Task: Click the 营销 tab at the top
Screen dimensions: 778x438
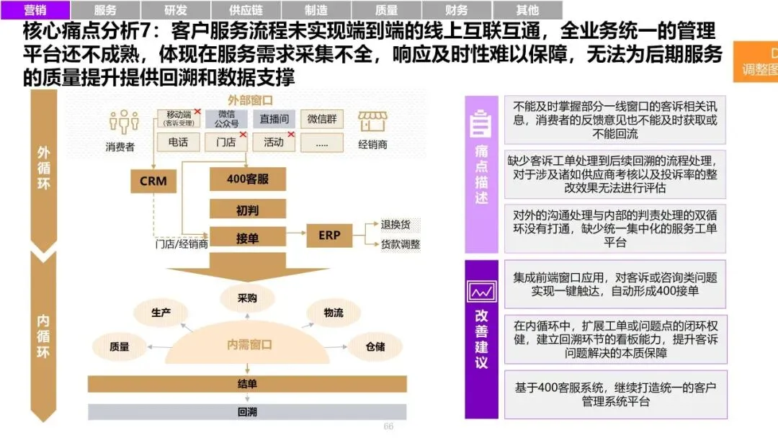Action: pyautogui.click(x=36, y=10)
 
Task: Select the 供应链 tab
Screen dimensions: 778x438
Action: pyautogui.click(x=246, y=10)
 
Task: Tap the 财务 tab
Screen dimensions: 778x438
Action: pyautogui.click(x=457, y=10)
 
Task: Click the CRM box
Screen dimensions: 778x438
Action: pyautogui.click(x=153, y=181)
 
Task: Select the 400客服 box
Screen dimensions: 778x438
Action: pyautogui.click(x=247, y=179)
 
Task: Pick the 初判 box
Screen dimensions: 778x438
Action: pyautogui.click(x=247, y=210)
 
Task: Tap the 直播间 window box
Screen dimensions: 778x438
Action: pyautogui.click(x=274, y=120)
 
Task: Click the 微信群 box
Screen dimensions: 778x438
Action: pyautogui.click(x=321, y=120)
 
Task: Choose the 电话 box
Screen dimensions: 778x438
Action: pyautogui.click(x=178, y=142)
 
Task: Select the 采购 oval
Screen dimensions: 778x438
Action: pyautogui.click(x=247, y=298)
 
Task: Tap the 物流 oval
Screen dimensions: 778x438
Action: pyautogui.click(x=334, y=313)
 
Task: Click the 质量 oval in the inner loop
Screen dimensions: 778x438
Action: pyautogui.click(x=120, y=347)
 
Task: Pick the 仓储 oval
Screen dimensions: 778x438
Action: pyautogui.click(x=375, y=347)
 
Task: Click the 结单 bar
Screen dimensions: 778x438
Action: pyautogui.click(x=247, y=384)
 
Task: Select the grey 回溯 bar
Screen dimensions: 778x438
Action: pyautogui.click(x=247, y=412)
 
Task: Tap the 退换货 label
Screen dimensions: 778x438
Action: pyautogui.click(x=395, y=225)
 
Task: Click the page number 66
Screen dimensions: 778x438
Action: pyautogui.click(x=388, y=427)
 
